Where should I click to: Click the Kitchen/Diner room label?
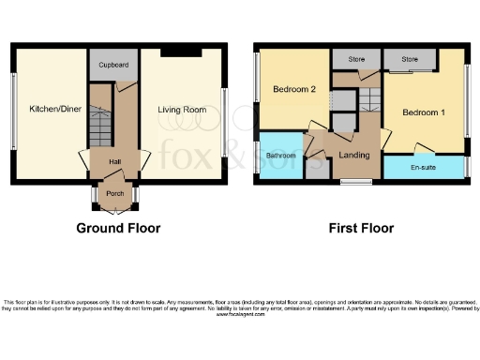point(53,110)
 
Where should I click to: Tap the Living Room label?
point(181,110)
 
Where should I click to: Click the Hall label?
point(114,161)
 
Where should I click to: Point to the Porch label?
point(114,195)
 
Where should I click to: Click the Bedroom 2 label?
point(292,90)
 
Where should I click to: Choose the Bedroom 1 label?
point(423,112)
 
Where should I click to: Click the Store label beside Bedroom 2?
point(356,59)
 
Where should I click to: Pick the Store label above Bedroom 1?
point(410,59)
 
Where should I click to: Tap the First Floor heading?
point(361,228)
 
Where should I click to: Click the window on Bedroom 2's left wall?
point(257,92)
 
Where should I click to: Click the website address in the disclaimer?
point(240,314)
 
